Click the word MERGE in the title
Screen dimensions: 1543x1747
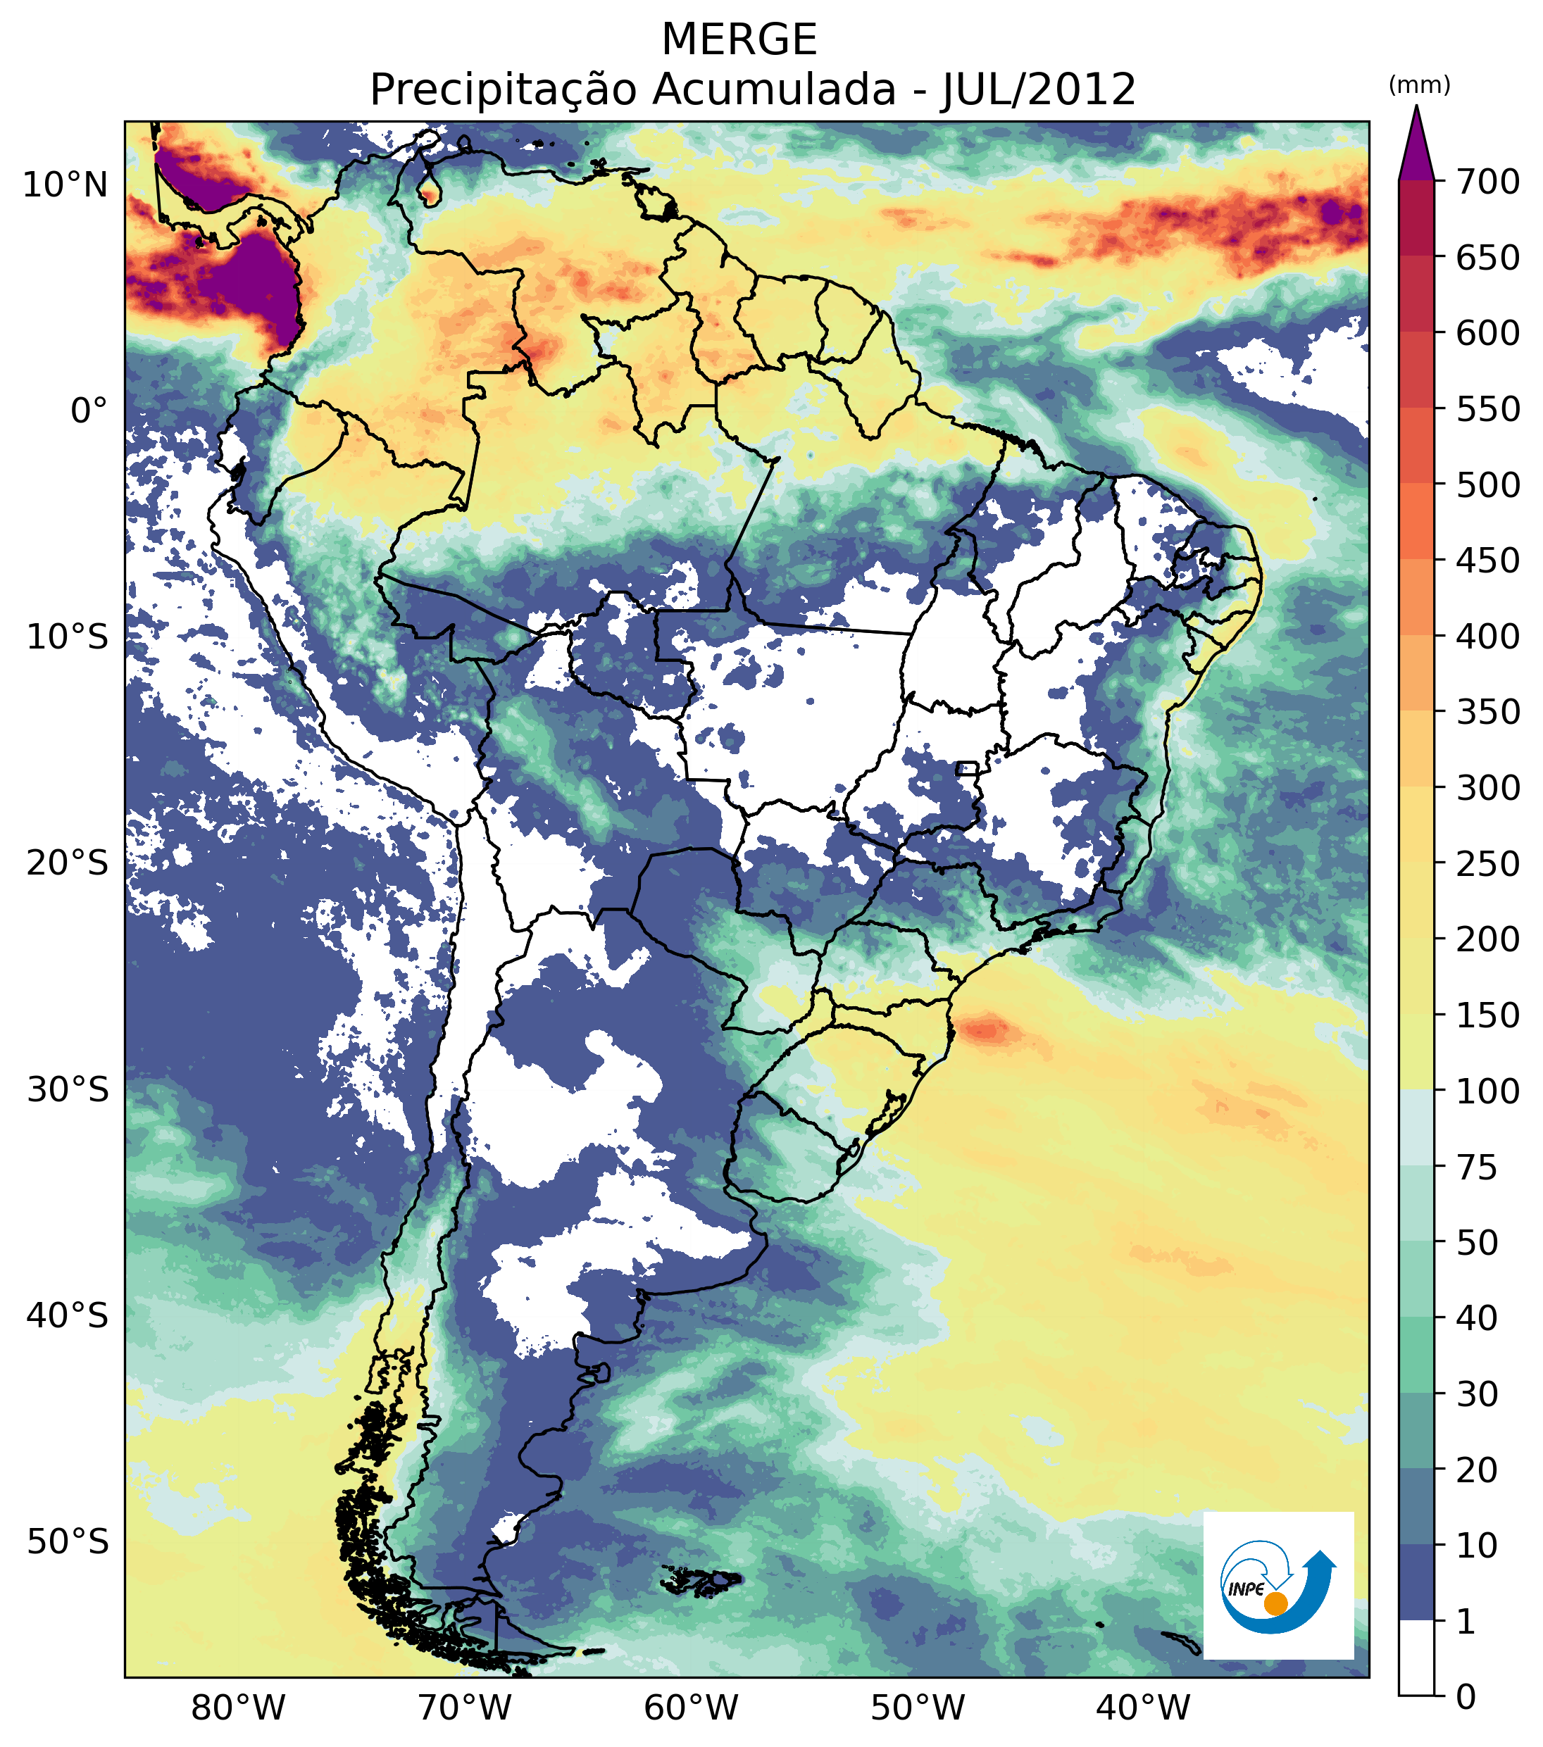(739, 39)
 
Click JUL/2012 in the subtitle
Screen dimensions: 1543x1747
(1039, 89)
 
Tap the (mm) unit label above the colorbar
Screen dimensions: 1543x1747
(1419, 85)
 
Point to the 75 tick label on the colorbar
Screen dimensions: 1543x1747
(1478, 1167)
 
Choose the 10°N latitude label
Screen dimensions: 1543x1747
(65, 185)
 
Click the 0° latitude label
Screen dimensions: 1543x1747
(89, 412)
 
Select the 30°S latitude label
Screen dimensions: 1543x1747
(68, 1091)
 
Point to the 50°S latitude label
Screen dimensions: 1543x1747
(68, 1544)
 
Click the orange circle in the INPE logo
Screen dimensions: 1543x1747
(1275, 1604)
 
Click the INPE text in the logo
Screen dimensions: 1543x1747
(1246, 1590)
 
